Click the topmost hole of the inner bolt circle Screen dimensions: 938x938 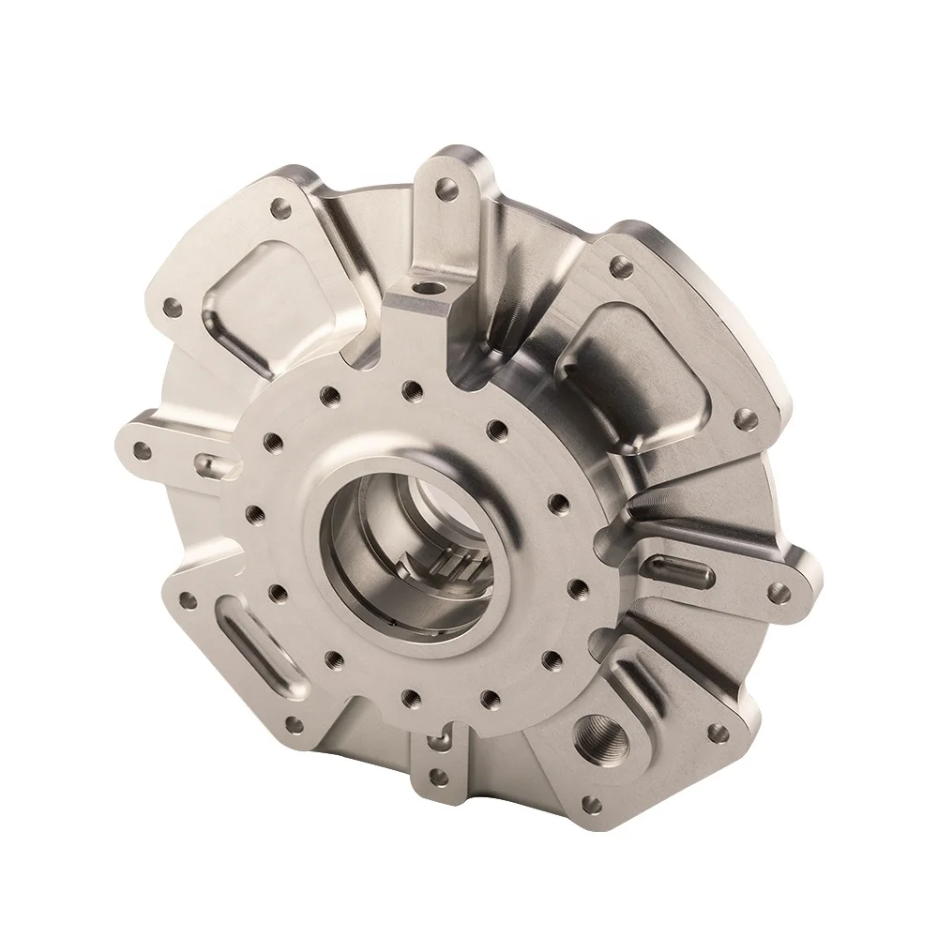410,386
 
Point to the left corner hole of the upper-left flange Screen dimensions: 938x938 172,306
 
